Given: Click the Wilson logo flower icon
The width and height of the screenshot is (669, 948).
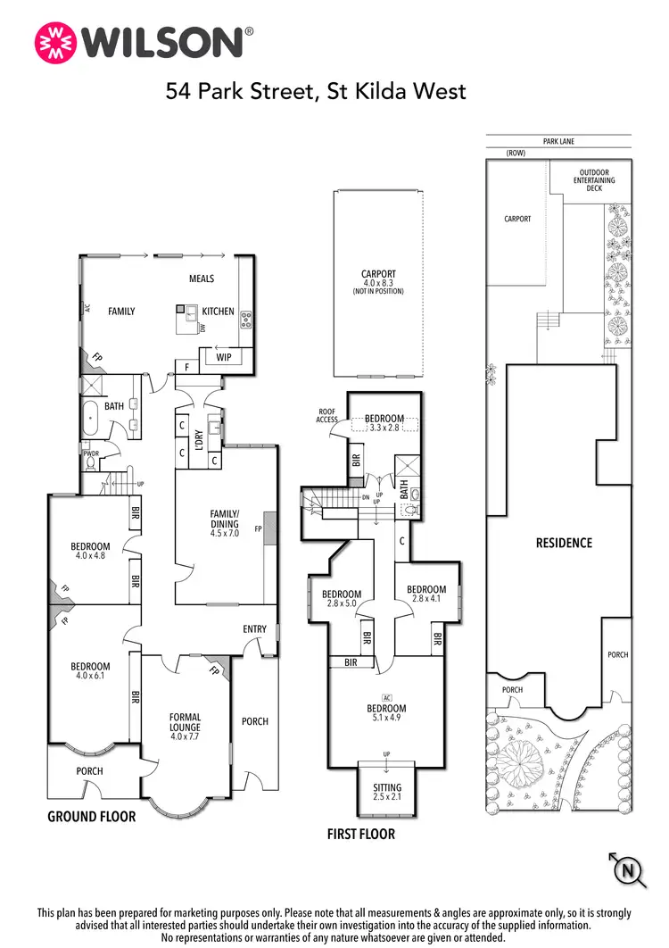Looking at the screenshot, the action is coord(54,42).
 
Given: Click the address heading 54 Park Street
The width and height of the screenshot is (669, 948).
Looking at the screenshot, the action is coord(316,91).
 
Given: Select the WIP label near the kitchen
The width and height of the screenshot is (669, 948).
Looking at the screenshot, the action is coord(225,357).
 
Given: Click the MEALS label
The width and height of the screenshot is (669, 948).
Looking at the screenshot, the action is coord(202,279).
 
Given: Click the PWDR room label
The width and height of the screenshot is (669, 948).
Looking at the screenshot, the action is coord(90,453).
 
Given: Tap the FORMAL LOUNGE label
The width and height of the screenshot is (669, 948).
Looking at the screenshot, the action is coord(186,722).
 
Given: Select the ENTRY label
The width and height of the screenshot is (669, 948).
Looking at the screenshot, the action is coord(254,629).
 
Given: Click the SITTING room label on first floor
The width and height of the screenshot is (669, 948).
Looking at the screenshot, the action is coord(387,788).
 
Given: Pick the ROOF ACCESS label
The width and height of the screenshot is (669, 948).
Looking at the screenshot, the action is coord(326,416).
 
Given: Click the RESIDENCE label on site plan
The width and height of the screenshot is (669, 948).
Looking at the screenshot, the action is coord(563,543).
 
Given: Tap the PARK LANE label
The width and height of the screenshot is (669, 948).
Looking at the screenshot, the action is coord(558,141).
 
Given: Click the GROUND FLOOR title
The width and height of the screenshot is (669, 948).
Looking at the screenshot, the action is coord(91,816).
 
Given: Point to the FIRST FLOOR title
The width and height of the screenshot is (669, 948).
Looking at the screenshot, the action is coord(362,835).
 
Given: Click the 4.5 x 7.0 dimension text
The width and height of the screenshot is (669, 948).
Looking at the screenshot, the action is coord(225,535).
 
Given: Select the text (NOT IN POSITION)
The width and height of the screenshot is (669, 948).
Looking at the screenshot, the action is coord(378,292).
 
